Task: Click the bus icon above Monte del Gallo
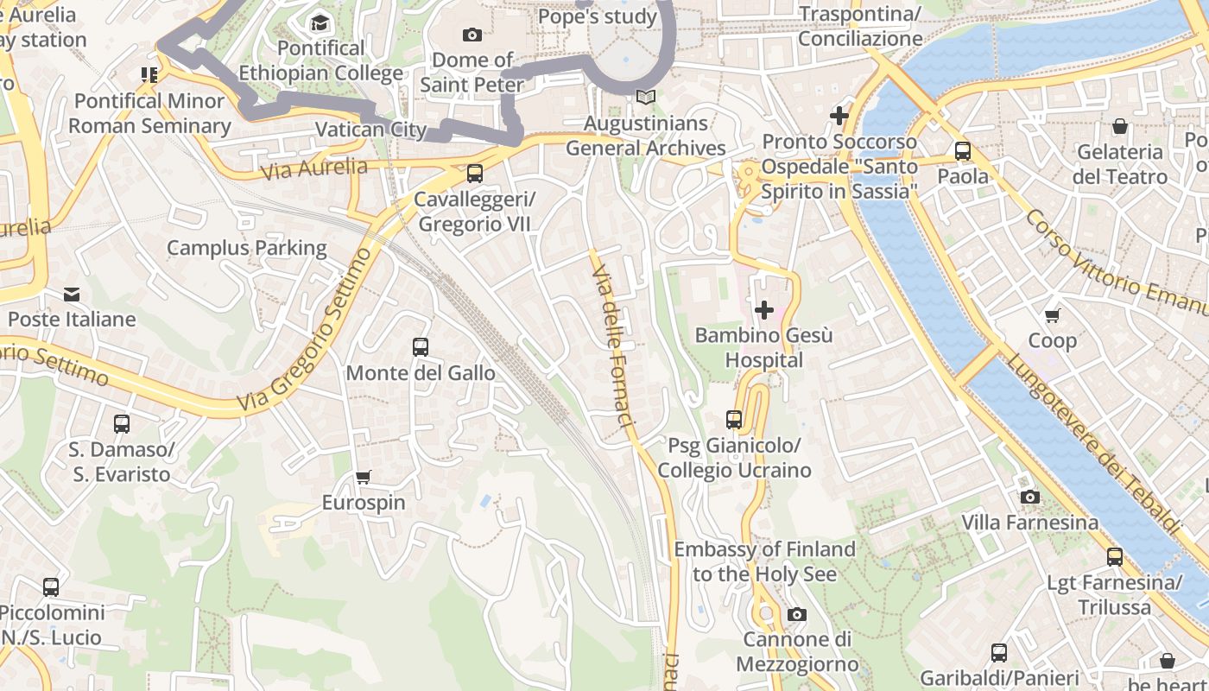421,347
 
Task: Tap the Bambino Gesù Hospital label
763,347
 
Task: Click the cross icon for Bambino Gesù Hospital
763,309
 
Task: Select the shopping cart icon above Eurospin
364,477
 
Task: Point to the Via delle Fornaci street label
614,345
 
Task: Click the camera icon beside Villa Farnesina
1029,497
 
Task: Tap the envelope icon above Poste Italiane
72,295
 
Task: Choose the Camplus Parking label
246,248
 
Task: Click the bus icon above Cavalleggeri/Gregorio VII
474,174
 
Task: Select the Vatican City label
370,130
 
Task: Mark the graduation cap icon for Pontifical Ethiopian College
320,22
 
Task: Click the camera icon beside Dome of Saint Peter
472,35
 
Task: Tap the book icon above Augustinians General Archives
645,98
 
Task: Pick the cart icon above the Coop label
1052,315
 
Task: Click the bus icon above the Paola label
963,151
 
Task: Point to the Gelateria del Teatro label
1119,164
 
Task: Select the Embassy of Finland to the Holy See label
764,561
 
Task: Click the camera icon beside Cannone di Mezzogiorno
796,614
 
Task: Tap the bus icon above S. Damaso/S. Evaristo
121,424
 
